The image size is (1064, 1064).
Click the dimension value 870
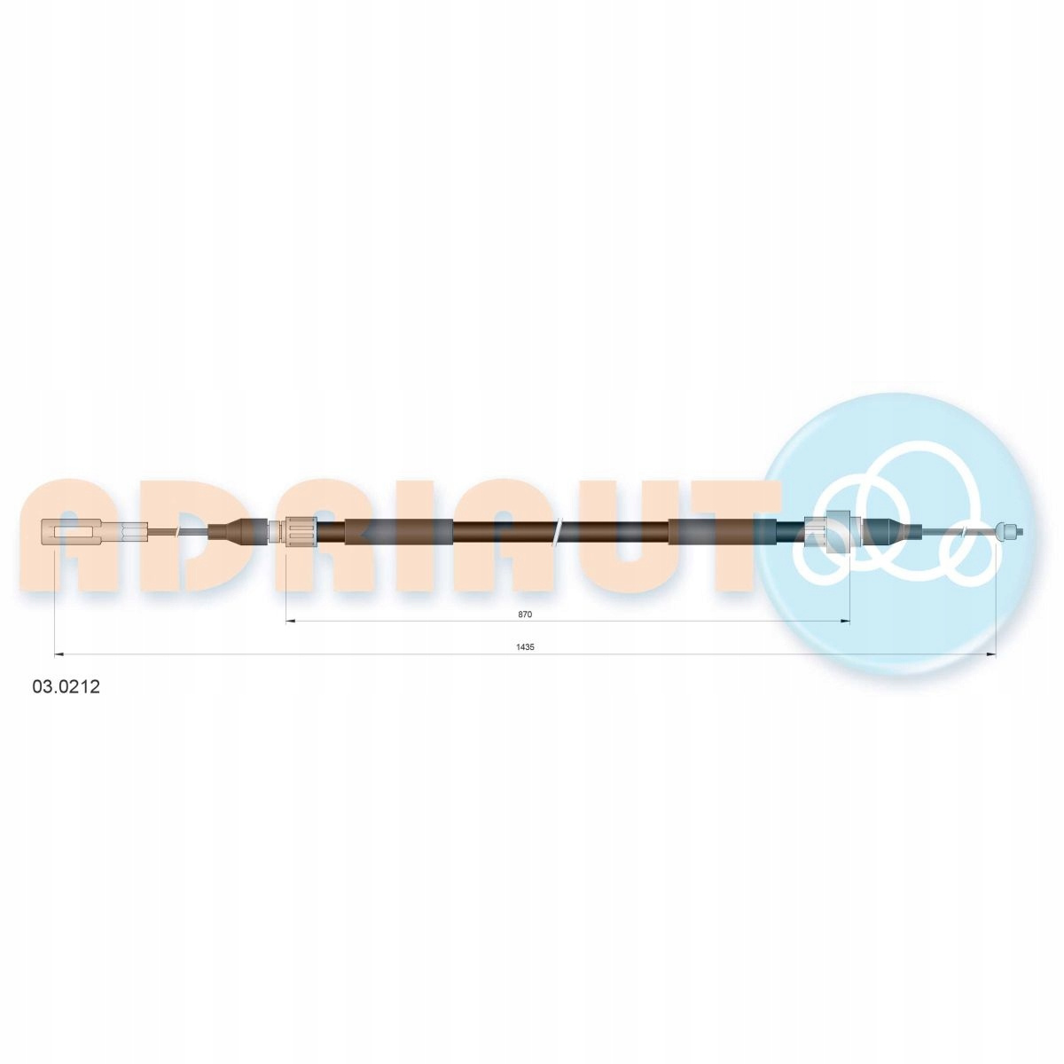pos(525,614)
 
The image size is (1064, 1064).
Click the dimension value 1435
pos(525,647)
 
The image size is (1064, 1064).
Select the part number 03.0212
pos(66,687)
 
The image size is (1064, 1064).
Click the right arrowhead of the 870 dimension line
pos(844,622)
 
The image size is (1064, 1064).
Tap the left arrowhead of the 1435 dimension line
pos(59,655)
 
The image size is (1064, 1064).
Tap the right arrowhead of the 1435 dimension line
pos(990,655)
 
